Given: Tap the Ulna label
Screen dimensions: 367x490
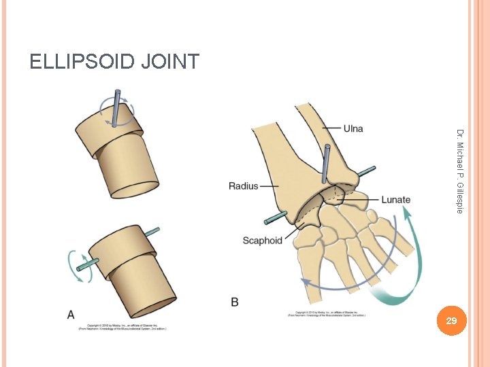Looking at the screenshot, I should point(353,128).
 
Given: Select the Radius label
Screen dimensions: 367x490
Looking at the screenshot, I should point(243,186).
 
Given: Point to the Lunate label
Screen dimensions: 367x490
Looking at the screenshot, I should point(395,200).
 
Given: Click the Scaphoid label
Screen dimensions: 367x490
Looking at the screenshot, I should point(262,241).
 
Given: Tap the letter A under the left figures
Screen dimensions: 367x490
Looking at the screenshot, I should point(71,314).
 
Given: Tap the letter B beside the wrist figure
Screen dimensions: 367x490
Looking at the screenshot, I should point(235,302).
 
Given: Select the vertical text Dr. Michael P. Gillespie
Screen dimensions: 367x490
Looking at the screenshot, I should point(460,171).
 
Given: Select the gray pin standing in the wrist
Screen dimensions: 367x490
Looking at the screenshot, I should point(327,163).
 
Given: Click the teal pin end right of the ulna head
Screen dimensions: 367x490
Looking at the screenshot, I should point(367,170).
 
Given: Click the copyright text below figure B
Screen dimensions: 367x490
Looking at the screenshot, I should point(327,313).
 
